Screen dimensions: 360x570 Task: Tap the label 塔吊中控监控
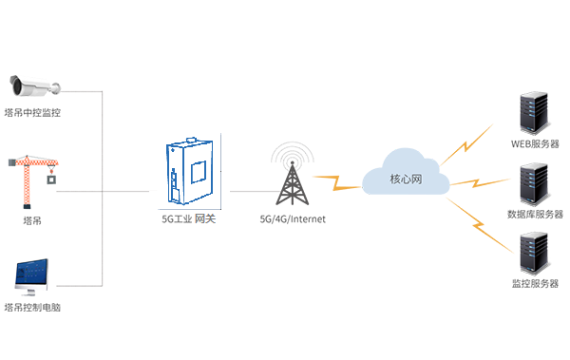pos(32,112)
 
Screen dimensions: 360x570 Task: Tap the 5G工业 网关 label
pos(191,219)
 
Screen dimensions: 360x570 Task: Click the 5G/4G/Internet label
pos(293,219)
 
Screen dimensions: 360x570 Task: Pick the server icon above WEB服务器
pos(533,112)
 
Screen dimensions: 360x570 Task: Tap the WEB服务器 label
pos(535,144)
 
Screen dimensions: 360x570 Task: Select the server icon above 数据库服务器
pos(533,182)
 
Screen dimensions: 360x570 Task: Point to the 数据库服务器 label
pos(535,214)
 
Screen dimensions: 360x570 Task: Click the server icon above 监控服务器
pos(533,252)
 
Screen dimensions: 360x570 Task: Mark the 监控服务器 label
pos(535,284)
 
